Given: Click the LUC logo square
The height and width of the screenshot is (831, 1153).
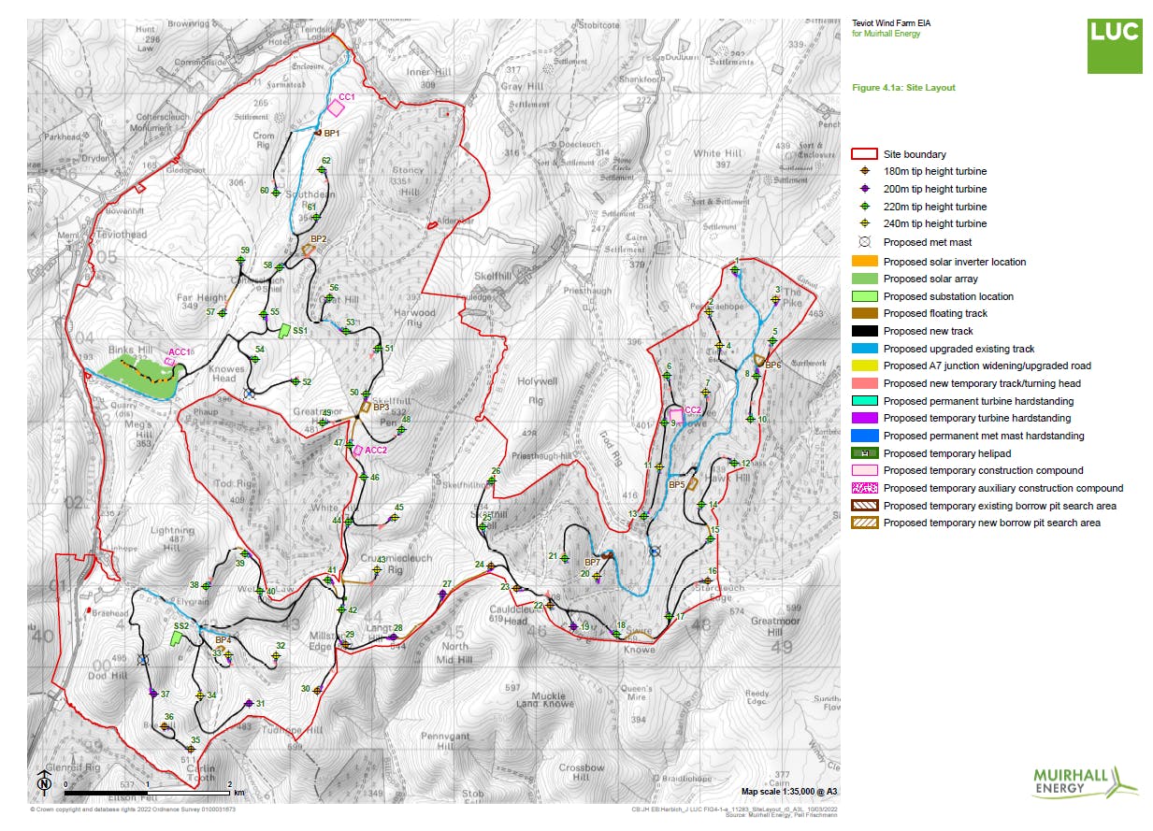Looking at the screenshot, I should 1114,45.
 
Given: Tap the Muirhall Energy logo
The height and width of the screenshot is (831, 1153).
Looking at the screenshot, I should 1086,781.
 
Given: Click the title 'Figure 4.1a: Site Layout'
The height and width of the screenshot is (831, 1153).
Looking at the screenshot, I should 903,88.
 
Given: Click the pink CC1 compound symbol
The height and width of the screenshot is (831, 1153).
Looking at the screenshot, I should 336,107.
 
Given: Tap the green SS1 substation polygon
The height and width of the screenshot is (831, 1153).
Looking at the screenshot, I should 284,330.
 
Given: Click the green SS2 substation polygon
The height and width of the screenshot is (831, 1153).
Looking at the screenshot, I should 175,638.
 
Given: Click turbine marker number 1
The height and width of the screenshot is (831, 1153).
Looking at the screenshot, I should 736,270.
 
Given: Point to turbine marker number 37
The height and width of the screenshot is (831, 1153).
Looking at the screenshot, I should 152,693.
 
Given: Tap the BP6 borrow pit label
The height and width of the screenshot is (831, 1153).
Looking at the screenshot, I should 772,365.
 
